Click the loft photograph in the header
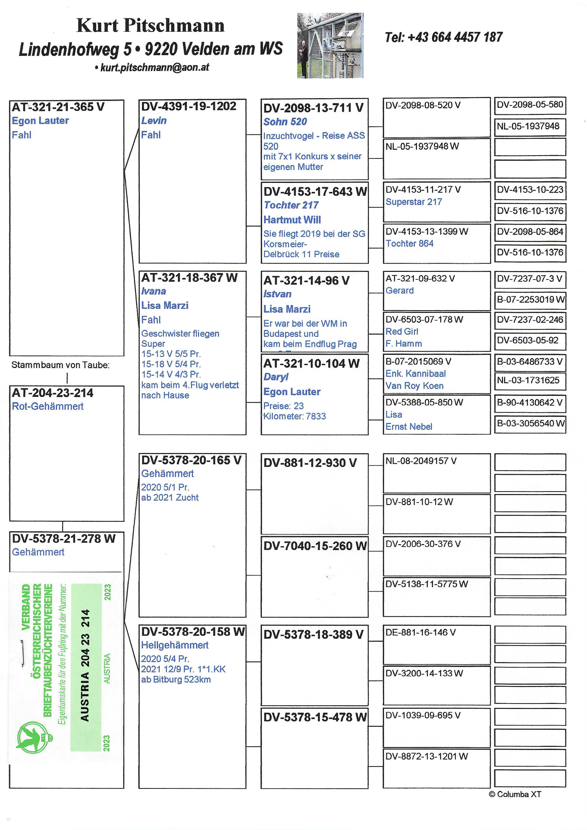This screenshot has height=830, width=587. click(330, 46)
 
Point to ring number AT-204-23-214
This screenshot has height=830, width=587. click(53, 393)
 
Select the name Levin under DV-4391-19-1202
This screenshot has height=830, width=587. click(154, 121)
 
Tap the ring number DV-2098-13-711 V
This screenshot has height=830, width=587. click(313, 108)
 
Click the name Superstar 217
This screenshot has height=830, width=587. click(414, 202)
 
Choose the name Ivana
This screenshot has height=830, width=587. click(153, 291)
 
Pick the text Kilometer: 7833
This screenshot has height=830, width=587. click(294, 416)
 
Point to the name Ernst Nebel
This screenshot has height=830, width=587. click(409, 427)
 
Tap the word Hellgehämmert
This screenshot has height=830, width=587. click(175, 645)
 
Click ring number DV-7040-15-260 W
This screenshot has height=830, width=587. click(315, 546)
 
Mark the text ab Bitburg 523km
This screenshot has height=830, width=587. click(176, 680)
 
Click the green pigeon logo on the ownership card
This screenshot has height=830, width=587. click(33, 737)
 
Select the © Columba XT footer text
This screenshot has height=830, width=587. click(515, 794)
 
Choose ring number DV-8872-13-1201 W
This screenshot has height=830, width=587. click(427, 757)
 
